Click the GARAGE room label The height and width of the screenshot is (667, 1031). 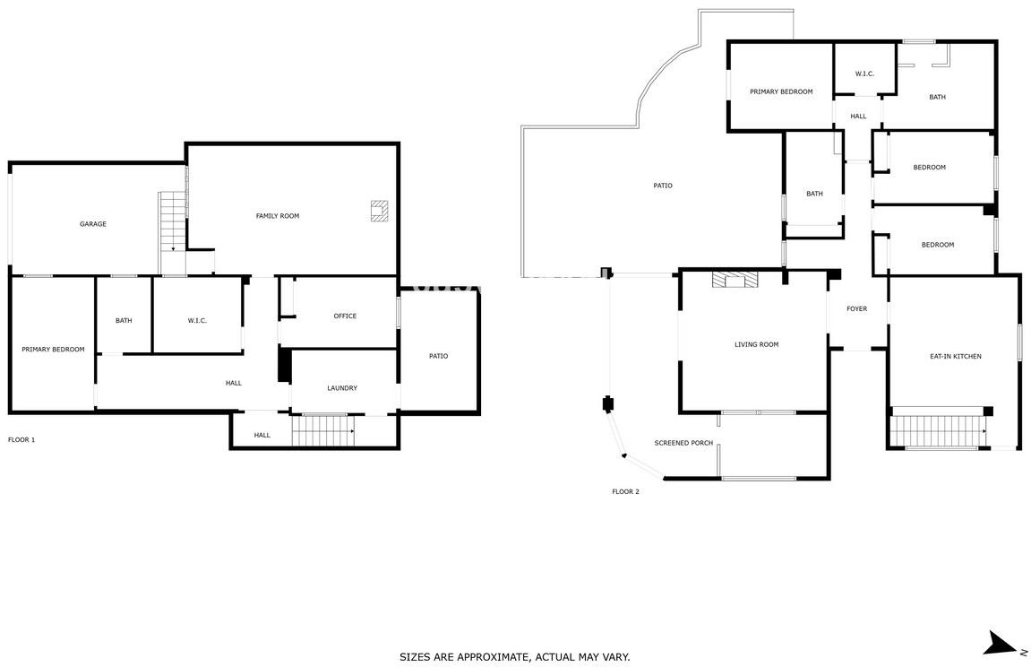point(93,223)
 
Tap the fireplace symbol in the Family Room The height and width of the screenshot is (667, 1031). point(380,211)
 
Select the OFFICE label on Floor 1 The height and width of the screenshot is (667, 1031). point(345,316)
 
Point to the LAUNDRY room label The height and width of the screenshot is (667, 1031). point(342,388)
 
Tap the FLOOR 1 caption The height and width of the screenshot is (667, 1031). point(21,439)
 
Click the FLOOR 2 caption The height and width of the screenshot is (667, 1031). point(625,491)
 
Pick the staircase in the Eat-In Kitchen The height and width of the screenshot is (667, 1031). point(938,431)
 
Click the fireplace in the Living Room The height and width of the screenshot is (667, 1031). point(735,280)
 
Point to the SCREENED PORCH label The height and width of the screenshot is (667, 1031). point(683,443)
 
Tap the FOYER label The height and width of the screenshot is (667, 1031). point(856,308)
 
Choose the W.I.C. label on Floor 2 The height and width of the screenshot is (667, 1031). point(864,74)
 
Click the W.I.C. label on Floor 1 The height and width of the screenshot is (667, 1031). point(197,320)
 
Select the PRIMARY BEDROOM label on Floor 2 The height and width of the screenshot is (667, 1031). point(781,91)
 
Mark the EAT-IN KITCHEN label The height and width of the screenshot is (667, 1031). point(956,356)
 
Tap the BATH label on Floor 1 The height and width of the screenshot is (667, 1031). point(124,320)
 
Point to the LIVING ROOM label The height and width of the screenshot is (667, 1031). point(756,344)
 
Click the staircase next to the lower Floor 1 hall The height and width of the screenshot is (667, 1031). point(323,431)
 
